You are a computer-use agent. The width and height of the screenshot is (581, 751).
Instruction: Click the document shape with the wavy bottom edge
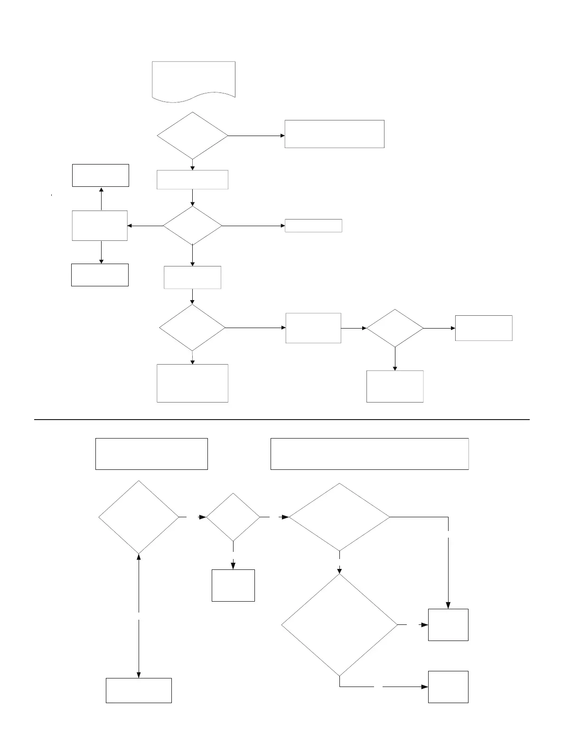(194, 80)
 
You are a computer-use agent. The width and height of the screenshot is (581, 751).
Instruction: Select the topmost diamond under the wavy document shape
(192, 136)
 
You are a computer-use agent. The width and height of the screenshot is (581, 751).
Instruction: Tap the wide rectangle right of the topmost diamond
(334, 134)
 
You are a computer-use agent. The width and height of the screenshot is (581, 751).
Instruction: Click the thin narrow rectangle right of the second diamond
(313, 226)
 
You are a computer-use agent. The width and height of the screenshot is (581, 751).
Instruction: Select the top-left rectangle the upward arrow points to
(101, 175)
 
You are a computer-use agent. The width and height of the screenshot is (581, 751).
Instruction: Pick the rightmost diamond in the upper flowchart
(395, 328)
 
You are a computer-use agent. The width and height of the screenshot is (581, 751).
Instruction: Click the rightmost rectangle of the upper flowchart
(484, 328)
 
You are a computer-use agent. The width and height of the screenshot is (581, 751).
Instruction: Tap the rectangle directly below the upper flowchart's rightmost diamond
(395, 386)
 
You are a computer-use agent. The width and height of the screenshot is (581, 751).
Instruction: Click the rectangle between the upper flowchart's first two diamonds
(192, 180)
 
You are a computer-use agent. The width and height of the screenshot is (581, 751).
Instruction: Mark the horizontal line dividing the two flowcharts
(282, 420)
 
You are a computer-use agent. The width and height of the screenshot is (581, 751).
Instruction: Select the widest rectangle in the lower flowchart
(369, 454)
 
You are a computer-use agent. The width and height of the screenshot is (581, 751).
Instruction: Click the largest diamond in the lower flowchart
(339, 625)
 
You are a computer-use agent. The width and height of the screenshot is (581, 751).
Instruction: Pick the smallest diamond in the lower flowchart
(233, 517)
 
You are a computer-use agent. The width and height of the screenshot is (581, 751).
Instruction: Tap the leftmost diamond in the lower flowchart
(139, 517)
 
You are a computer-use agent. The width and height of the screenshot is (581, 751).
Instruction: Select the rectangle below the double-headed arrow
(139, 690)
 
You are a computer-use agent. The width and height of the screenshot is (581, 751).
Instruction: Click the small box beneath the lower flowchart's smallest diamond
(233, 586)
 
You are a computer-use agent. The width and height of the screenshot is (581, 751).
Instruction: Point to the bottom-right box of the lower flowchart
(448, 687)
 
